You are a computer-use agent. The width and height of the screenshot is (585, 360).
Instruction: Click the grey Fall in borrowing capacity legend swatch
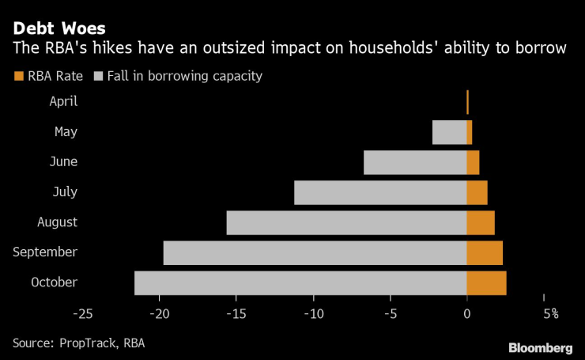pyautogui.click(x=98, y=77)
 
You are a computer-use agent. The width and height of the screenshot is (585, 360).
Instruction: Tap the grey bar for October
pyautogui.click(x=300, y=282)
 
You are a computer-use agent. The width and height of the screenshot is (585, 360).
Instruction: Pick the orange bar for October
pyautogui.click(x=486, y=282)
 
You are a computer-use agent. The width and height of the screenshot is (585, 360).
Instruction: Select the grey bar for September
pyautogui.click(x=315, y=252)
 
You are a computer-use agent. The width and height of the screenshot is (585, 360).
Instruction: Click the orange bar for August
pyautogui.click(x=481, y=222)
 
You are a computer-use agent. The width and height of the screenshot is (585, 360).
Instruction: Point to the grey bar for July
pyautogui.click(x=380, y=192)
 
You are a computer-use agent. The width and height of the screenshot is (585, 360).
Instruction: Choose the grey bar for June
pyautogui.click(x=415, y=162)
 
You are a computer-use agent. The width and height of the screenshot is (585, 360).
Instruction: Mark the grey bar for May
pyautogui.click(x=449, y=132)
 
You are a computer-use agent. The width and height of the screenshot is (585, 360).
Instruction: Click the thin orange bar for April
pyautogui.click(x=467, y=102)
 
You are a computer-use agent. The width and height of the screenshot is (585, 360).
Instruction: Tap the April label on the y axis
pyautogui.click(x=62, y=102)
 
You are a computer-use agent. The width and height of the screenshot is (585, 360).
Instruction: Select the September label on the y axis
pyautogui.click(x=45, y=252)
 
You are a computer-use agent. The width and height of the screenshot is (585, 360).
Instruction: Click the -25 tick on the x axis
pyautogui.click(x=82, y=314)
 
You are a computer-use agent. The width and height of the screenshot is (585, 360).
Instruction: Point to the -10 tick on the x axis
pyautogui.click(x=313, y=314)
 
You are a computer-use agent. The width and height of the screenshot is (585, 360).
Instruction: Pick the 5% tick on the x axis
pyautogui.click(x=550, y=314)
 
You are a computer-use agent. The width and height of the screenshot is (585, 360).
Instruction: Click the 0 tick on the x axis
pyautogui.click(x=467, y=314)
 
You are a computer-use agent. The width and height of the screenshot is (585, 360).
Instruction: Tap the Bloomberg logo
pyautogui.click(x=540, y=347)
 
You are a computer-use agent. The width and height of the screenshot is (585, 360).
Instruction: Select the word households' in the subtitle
pyautogui.click(x=380, y=48)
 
